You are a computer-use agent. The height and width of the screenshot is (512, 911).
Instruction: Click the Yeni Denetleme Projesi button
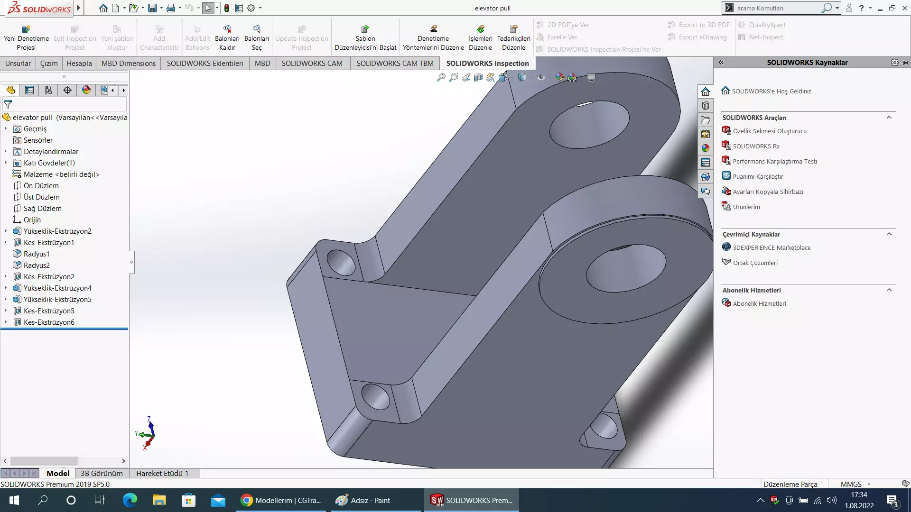(x=26, y=38)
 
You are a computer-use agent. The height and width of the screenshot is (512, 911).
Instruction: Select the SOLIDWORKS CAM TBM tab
(x=395, y=63)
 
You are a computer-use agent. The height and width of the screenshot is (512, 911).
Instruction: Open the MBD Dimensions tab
(x=128, y=63)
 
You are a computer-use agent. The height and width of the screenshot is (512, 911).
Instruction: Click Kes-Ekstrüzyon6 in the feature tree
(x=49, y=322)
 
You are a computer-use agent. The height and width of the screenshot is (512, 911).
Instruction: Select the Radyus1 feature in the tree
(x=37, y=254)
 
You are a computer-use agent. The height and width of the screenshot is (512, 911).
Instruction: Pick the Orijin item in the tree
(x=32, y=220)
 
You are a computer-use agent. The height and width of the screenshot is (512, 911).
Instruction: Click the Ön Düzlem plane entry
(x=41, y=186)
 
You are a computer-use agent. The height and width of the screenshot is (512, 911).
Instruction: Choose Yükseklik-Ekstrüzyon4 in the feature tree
(x=57, y=288)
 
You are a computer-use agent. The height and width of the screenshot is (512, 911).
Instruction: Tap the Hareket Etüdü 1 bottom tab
(x=162, y=473)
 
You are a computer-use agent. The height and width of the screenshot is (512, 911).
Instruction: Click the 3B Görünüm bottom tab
(x=102, y=473)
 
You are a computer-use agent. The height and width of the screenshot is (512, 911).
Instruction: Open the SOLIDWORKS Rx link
(x=756, y=146)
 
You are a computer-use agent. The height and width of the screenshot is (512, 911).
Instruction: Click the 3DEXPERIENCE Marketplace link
(x=772, y=248)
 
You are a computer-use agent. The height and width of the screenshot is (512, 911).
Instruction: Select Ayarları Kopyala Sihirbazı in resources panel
(x=768, y=192)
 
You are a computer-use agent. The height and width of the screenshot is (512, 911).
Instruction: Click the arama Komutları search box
(x=778, y=8)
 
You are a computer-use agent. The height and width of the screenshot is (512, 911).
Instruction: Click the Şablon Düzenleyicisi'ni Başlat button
(x=365, y=38)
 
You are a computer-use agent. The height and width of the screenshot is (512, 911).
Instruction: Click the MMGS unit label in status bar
(x=851, y=484)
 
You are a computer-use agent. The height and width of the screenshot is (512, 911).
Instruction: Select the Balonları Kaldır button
(x=227, y=38)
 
